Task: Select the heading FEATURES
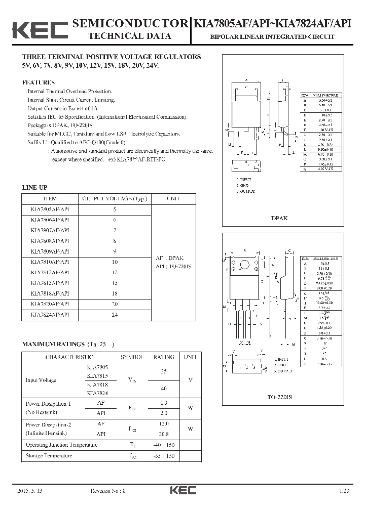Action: point(39,82)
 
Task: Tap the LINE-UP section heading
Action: point(34,188)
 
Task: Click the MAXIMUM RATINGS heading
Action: point(53,344)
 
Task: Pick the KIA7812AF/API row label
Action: point(50,273)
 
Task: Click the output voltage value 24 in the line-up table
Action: point(115,314)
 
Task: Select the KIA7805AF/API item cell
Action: point(50,209)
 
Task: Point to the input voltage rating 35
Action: point(163,371)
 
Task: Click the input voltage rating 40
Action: point(163,389)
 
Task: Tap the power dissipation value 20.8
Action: point(163,434)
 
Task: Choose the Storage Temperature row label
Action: point(49,456)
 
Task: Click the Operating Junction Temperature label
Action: point(61,445)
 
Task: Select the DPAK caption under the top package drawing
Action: point(279,218)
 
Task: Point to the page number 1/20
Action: point(345,491)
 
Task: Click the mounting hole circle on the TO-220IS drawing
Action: point(245,264)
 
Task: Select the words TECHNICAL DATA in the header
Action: point(130,36)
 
